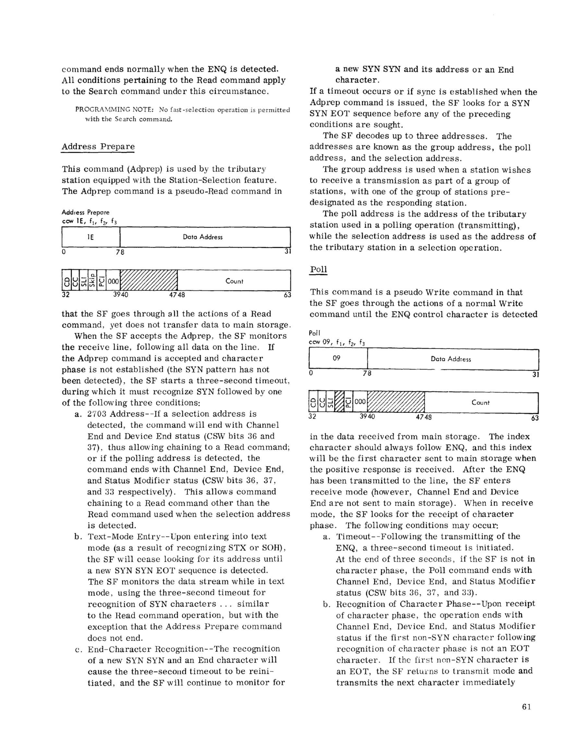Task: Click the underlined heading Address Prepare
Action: pyautogui.click(x=98, y=147)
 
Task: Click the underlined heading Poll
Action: pyautogui.click(x=319, y=269)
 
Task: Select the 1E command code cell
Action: pyautogui.click(x=91, y=237)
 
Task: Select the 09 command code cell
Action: pyautogui.click(x=337, y=358)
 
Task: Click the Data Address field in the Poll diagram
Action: pyautogui.click(x=451, y=359)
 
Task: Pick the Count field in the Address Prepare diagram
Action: pyautogui.click(x=234, y=281)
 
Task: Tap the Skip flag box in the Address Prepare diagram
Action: pyautogui.click(x=92, y=281)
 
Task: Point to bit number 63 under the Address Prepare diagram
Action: pyautogui.click(x=287, y=295)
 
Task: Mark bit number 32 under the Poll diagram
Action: pyautogui.click(x=313, y=416)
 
